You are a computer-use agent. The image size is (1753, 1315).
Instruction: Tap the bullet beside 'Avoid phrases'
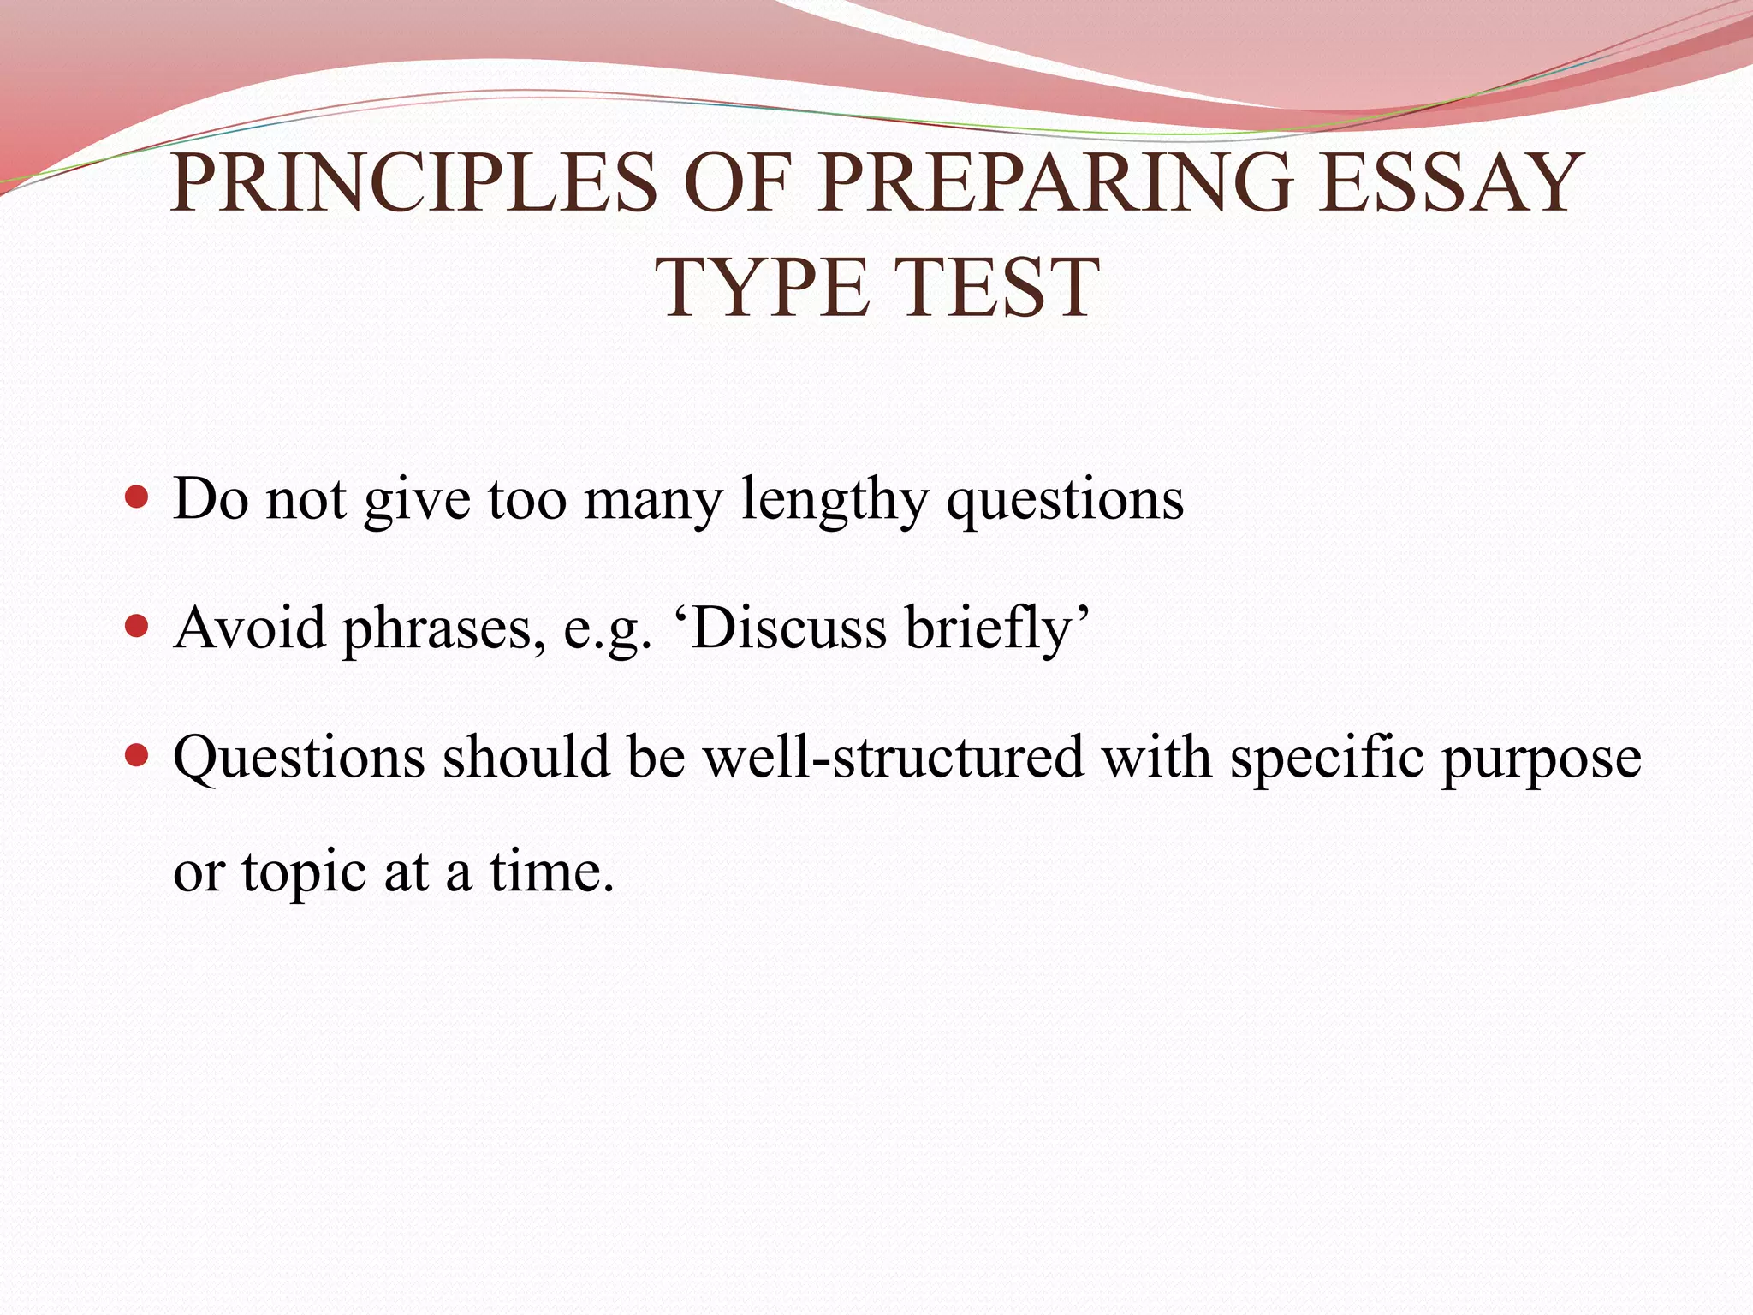136,627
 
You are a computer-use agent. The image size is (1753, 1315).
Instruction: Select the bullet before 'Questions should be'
136,757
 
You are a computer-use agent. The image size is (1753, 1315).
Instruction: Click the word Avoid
249,628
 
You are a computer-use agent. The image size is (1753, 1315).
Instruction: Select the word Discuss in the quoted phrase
788,628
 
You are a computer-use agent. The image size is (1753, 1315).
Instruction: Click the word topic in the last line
304,873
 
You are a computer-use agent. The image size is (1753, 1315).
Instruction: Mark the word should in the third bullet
526,757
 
